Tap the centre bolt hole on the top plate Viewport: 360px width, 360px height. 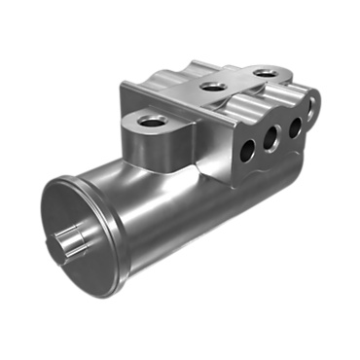(211, 86)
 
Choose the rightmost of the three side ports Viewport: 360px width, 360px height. (295, 126)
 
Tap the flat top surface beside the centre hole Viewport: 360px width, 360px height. (190, 97)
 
